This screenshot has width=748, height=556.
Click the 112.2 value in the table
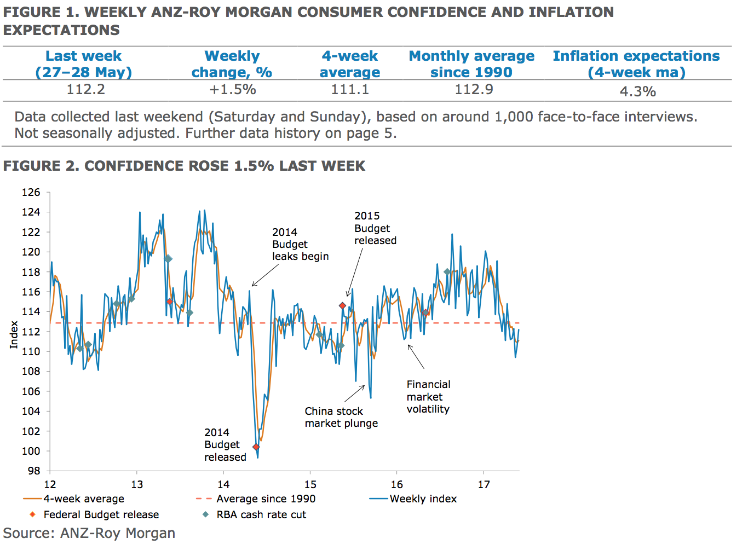point(85,89)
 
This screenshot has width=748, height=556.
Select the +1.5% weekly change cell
point(233,89)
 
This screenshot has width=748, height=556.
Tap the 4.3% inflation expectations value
point(637,91)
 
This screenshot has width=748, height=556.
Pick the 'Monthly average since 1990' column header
point(471,64)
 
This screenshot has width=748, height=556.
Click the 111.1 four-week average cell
point(350,89)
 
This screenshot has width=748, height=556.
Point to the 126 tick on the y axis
point(31,192)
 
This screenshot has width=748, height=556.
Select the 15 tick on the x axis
point(310,484)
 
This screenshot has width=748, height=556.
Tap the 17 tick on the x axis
point(484,484)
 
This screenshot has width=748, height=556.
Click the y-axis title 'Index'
point(14,334)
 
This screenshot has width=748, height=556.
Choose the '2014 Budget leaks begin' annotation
point(300,244)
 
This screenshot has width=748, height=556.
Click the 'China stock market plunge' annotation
point(341,417)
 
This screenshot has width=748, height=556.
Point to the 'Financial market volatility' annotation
point(428,397)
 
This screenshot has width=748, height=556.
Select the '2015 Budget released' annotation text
point(375,228)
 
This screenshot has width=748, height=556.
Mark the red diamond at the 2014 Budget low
point(256,447)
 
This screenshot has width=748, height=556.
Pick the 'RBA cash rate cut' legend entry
point(261,514)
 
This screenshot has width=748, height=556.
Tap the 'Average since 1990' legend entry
point(266,499)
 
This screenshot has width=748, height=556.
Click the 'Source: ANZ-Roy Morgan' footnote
point(89,533)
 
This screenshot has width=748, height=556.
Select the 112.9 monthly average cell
point(474,89)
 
